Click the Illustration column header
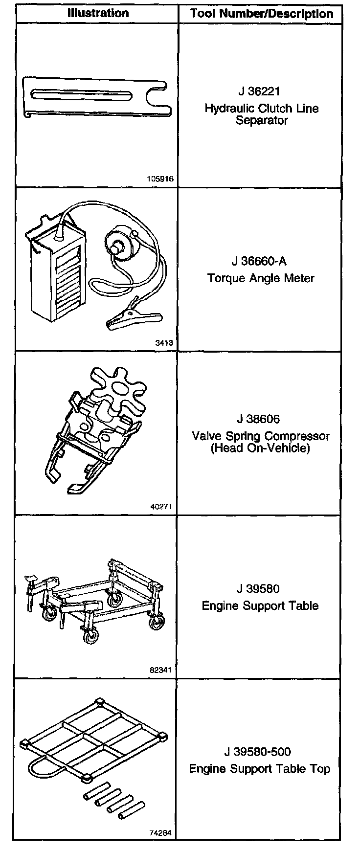click(x=98, y=13)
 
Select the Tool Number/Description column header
click(x=261, y=13)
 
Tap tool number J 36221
click(x=259, y=91)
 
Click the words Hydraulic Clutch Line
click(x=261, y=108)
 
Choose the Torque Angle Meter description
click(x=261, y=278)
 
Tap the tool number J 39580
click(x=259, y=589)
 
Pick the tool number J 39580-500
click(x=260, y=752)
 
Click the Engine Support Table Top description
click(x=260, y=769)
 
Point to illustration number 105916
click(x=160, y=179)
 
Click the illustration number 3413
click(x=164, y=343)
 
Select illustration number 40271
click(x=161, y=507)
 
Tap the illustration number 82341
click(x=161, y=670)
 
